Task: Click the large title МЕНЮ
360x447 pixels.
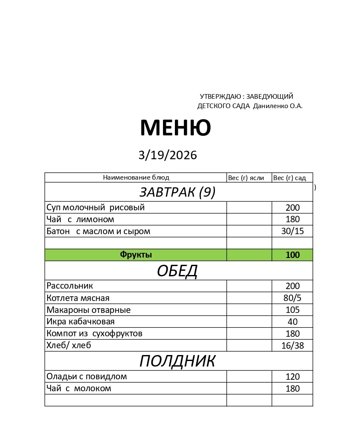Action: point(175,128)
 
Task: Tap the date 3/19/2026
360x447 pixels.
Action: point(168,155)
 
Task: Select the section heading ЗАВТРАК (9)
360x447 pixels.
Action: point(177,192)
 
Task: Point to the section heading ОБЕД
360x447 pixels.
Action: point(177,271)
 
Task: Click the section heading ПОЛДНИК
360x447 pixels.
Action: point(177,361)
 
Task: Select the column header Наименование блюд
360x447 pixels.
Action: point(136,178)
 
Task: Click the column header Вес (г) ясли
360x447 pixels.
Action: point(246,178)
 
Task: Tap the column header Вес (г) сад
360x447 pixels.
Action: point(289,178)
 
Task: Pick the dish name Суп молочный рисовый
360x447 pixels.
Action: point(96,208)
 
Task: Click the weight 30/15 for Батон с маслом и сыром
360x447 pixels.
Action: point(293,232)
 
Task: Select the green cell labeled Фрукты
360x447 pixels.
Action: point(136,255)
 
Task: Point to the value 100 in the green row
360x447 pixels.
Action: point(293,255)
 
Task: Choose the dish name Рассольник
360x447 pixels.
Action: point(70,286)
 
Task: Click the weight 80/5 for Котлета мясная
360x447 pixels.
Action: point(292,298)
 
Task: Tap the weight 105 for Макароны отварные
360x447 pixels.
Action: point(293,310)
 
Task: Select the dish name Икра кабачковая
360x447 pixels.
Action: point(80,322)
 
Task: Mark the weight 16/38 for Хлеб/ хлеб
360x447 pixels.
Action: point(293,346)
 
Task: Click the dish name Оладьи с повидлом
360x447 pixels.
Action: point(87,377)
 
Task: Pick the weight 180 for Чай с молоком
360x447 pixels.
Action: point(293,389)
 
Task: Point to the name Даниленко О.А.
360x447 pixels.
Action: point(278,106)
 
